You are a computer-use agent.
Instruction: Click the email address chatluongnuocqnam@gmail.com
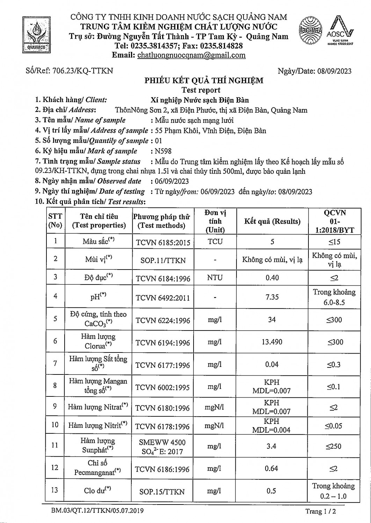point(191,55)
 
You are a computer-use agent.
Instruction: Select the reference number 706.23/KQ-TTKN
point(82,71)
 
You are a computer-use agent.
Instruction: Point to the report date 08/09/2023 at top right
point(334,71)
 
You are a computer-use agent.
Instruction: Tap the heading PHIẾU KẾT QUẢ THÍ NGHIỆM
point(204,81)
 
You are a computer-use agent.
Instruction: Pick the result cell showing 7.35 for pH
point(272,297)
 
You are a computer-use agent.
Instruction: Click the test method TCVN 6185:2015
point(163,242)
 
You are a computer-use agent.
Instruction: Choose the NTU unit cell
point(215,278)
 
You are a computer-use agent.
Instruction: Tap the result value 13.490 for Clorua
point(272,342)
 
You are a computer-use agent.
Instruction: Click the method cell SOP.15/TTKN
point(162,492)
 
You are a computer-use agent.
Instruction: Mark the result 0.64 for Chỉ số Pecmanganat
point(271,468)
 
